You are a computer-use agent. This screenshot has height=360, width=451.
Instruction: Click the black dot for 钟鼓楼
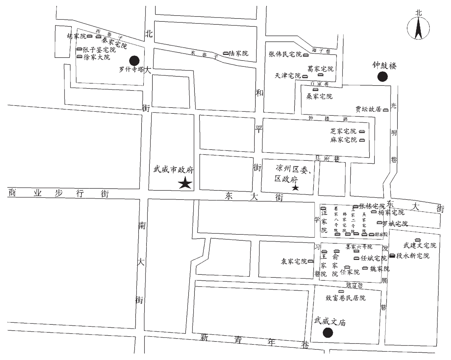[382, 77]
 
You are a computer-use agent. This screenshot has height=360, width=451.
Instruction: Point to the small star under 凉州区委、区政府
[295, 188]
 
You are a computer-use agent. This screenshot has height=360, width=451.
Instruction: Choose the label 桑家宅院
[319, 96]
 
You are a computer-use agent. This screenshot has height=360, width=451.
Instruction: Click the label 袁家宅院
[294, 261]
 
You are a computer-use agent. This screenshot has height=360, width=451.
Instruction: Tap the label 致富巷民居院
[345, 298]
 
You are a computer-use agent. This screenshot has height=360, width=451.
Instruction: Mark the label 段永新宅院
[413, 256]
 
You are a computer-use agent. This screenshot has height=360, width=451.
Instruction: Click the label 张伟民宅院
[285, 54]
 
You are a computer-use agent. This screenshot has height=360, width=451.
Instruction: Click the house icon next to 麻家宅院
[362, 140]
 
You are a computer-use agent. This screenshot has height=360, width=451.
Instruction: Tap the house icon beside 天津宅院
[305, 76]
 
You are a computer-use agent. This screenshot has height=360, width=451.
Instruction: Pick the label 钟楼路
[328, 118]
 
